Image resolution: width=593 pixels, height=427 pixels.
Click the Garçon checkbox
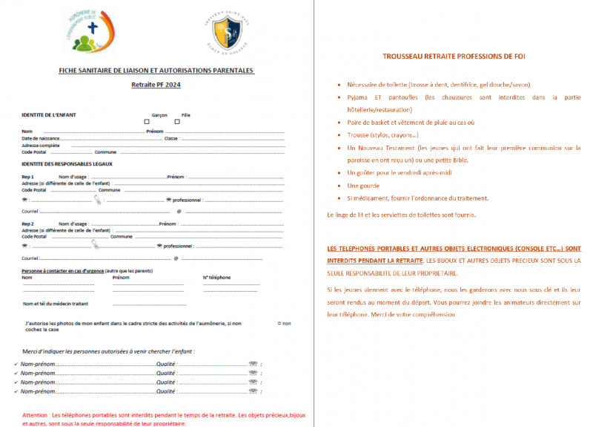click(147, 122)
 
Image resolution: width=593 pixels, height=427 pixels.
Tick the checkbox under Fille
click(177, 122)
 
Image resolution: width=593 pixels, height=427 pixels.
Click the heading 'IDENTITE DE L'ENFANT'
click(48, 115)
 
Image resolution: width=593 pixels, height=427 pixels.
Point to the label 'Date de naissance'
click(39, 138)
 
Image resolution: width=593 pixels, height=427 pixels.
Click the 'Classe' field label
click(171, 138)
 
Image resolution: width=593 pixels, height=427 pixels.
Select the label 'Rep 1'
click(28, 177)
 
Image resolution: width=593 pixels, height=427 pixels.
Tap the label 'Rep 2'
click(28, 224)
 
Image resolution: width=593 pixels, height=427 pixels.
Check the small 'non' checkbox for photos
click(278, 323)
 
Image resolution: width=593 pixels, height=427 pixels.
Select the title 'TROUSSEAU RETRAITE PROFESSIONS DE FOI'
click(454, 56)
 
